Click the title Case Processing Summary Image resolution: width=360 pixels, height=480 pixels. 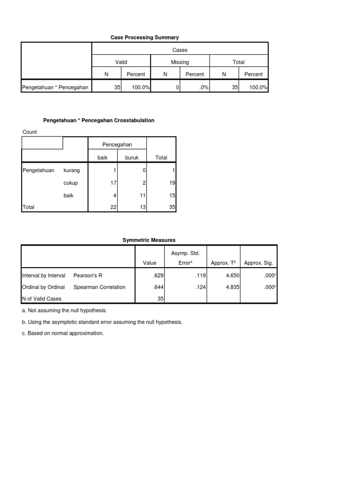144,37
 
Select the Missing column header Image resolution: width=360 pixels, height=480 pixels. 180,62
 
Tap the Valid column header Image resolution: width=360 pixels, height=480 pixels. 121,62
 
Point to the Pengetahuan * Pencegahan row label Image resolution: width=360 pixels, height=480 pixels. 55,87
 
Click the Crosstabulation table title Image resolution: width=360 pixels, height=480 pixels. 98,120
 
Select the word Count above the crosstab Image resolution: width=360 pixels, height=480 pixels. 30,132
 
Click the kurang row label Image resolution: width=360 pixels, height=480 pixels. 71,171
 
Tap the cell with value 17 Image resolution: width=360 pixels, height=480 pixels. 113,183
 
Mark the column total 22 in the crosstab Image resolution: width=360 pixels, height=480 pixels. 113,207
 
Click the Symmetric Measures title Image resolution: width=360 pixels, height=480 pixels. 149,240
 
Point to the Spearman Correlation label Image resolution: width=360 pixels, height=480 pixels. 99,287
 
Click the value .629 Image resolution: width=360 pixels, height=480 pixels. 157,275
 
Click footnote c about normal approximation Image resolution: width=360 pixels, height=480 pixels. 63,333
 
